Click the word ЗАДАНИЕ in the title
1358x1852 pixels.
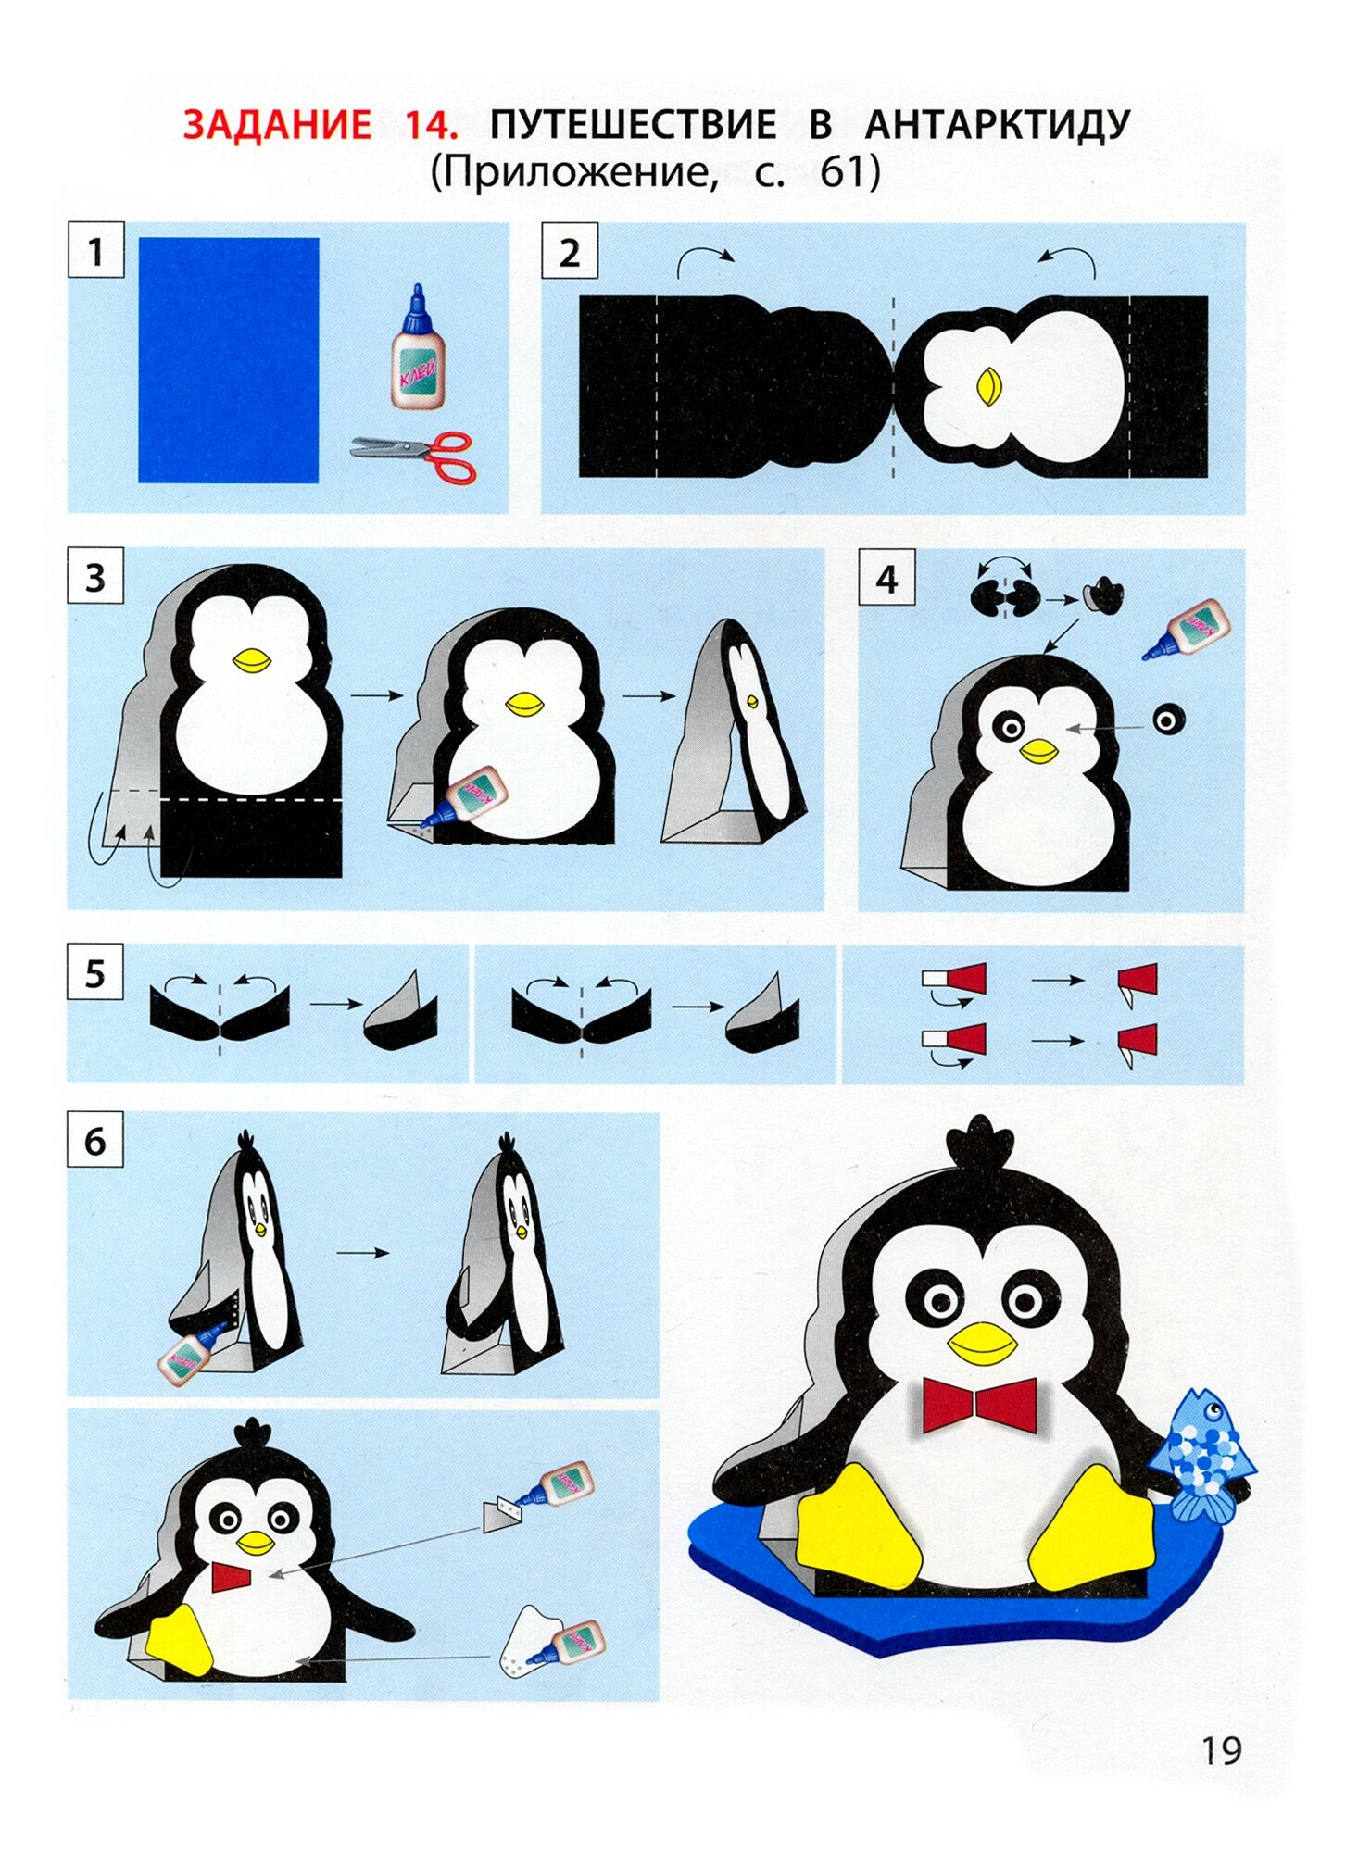[277, 124]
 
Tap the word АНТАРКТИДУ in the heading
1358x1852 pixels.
[998, 125]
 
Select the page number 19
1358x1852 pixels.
[1221, 1751]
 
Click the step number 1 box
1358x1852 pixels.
[96, 250]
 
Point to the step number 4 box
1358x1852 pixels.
[886, 577]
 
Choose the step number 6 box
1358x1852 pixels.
[95, 1141]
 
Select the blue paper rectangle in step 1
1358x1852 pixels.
[229, 360]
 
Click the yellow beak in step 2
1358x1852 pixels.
[988, 386]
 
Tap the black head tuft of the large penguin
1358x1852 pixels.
[978, 1145]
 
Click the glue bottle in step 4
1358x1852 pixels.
[1187, 629]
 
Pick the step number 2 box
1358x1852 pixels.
[570, 251]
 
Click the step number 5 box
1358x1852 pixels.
[95, 972]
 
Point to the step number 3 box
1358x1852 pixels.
[95, 576]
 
